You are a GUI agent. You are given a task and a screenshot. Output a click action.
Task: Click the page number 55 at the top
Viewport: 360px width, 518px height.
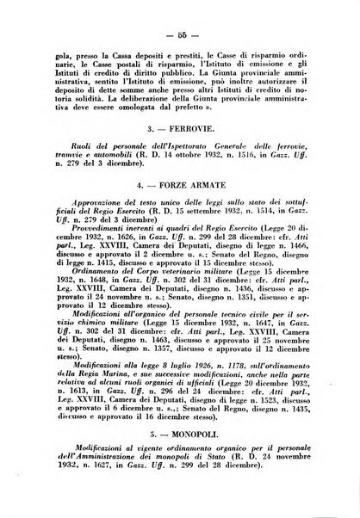pos(181,33)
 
